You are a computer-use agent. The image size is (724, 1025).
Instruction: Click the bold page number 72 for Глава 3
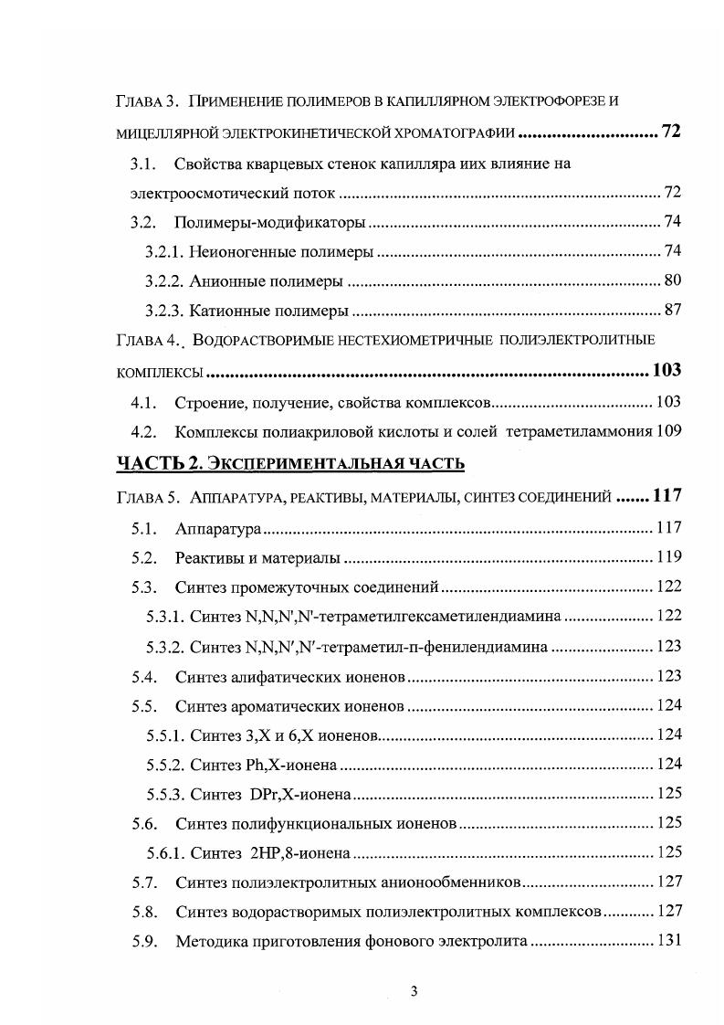(x=671, y=132)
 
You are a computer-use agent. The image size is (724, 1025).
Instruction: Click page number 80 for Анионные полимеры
(x=672, y=280)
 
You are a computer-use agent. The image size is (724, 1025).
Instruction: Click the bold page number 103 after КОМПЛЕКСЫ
(x=666, y=370)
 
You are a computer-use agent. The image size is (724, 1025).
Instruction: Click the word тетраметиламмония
(x=578, y=430)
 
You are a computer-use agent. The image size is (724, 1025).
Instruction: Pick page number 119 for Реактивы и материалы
(x=669, y=556)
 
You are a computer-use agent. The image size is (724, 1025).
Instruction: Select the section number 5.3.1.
(x=164, y=617)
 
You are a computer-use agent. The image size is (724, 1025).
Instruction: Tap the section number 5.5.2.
(x=164, y=764)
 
